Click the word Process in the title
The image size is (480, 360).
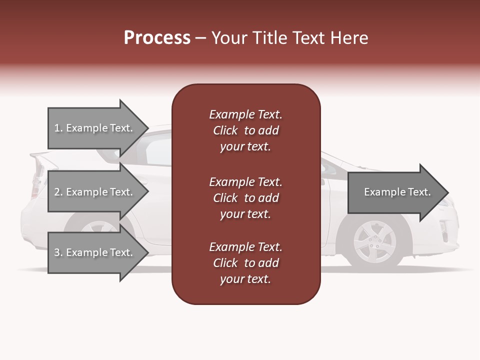[x=157, y=38]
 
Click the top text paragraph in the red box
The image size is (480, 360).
[x=245, y=130]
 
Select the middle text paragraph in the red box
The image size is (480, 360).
[x=245, y=198]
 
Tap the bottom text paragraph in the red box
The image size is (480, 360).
[x=245, y=263]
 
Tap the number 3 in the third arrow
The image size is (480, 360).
[x=57, y=252]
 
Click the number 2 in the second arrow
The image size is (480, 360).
[x=57, y=192]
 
